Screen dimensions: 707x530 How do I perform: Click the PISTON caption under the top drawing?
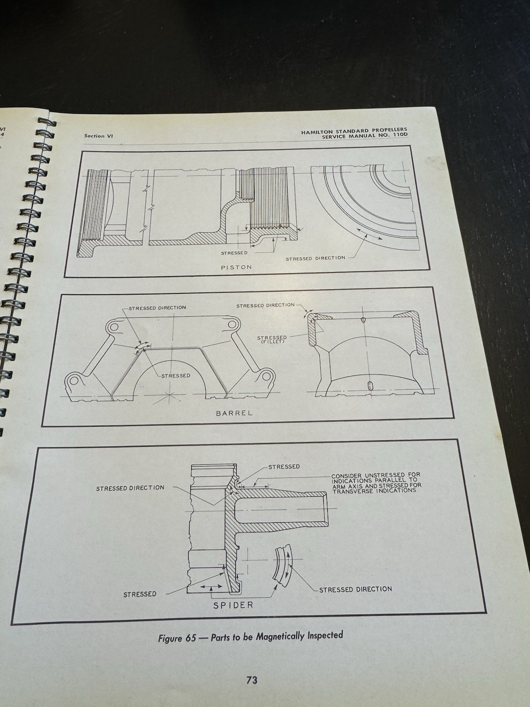coord(236,267)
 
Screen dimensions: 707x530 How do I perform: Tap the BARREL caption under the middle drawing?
coord(234,413)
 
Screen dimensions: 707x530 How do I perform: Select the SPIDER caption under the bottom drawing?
coord(234,605)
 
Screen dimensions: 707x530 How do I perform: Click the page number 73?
coord(252,680)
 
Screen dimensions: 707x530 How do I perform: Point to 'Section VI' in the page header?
coord(98,136)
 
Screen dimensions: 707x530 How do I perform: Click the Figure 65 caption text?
coord(250,637)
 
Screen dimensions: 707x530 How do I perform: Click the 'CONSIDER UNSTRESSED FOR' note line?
coord(376,475)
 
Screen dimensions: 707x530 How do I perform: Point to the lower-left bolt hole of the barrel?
coord(74,381)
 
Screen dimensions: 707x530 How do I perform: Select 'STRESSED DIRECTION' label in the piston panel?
coord(315,258)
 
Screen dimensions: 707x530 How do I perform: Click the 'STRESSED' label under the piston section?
coord(234,253)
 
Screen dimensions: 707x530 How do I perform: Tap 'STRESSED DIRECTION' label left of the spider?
coord(130,488)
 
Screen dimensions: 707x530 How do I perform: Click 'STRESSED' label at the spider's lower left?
coord(140,594)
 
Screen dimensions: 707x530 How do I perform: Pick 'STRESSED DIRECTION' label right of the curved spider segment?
coord(355,589)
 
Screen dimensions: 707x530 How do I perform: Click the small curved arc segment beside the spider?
coord(283,567)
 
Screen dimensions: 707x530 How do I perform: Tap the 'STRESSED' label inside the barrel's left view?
coord(175,376)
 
